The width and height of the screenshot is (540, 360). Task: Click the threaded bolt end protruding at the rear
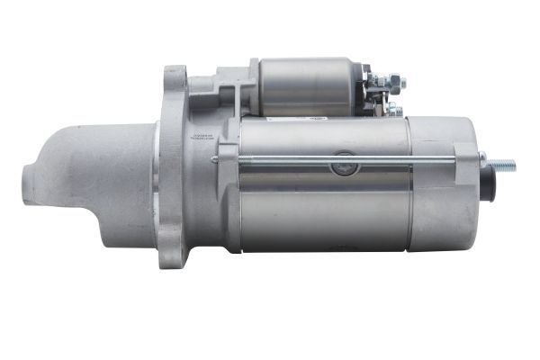coord(502,166)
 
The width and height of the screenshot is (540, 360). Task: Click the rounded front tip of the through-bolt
coord(213,160)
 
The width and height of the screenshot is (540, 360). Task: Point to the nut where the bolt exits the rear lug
coord(483,163)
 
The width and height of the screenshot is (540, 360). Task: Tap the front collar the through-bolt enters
coord(229,159)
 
